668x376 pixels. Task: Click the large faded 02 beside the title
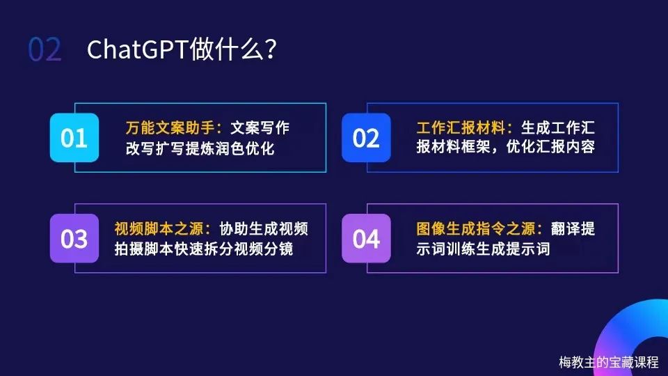(x=45, y=49)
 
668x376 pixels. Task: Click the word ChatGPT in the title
(x=138, y=49)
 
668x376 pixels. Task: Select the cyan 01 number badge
(x=74, y=138)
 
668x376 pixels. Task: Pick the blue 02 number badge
(x=366, y=138)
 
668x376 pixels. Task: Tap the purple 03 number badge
(x=74, y=238)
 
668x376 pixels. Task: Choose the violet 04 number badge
(x=366, y=238)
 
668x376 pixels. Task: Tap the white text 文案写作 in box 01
(x=260, y=127)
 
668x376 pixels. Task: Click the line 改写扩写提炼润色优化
(x=200, y=148)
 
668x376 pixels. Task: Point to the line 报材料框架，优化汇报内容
(x=506, y=147)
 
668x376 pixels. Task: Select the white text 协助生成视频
(x=263, y=228)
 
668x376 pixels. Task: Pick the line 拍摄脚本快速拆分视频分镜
(x=204, y=249)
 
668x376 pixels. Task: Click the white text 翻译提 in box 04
(x=573, y=228)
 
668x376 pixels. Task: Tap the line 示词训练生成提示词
(x=483, y=249)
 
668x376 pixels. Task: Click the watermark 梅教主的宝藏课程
(x=609, y=362)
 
